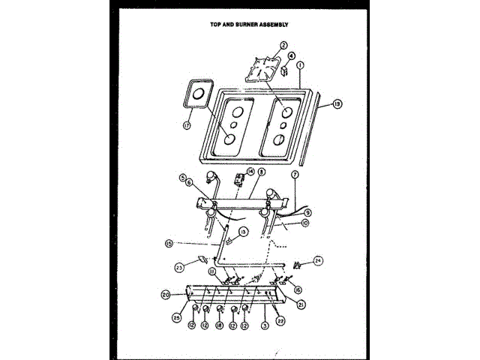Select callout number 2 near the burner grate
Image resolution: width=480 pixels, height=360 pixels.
pos(284,46)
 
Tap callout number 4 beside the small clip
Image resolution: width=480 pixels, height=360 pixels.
pos(292,55)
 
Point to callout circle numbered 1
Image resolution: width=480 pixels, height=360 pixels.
pos(300,66)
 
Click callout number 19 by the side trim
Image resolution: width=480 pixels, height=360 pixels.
pos(337,105)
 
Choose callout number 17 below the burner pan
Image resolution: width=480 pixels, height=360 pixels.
pos(187,125)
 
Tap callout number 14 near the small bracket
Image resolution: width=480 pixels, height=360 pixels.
pos(250,172)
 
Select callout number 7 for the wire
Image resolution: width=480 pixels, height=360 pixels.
pos(295,175)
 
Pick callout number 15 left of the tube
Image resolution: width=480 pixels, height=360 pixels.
pos(169,242)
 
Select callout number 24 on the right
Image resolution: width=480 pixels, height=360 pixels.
pos(317,261)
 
